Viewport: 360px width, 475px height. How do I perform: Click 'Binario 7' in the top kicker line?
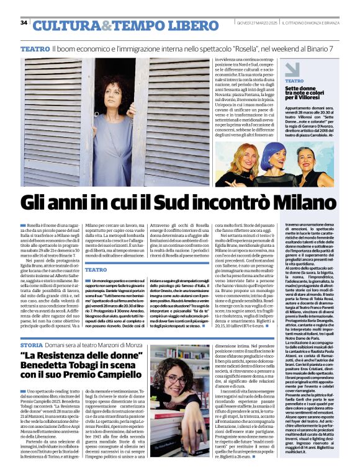[x=342, y=48]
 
